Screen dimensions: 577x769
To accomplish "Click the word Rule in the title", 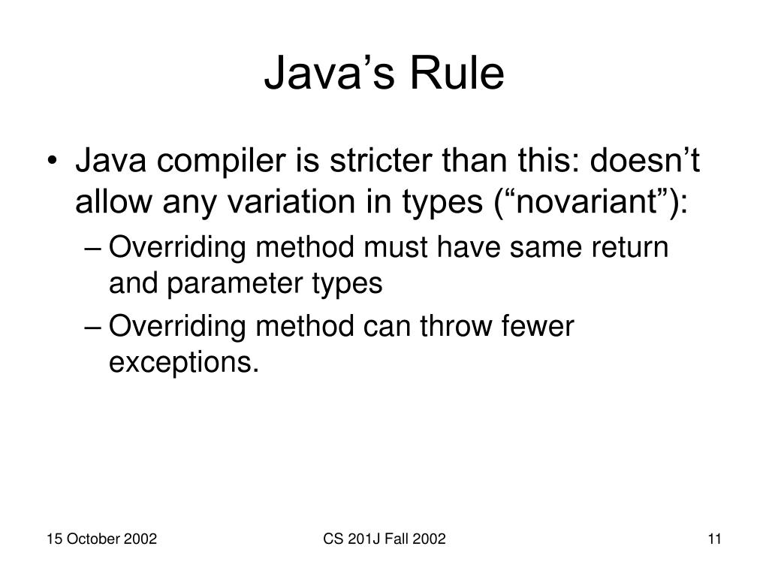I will click(x=458, y=75).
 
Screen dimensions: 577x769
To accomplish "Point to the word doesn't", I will click(x=644, y=162).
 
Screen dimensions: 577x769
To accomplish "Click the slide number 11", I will click(x=714, y=538).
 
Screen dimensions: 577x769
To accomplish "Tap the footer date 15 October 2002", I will click(x=101, y=538).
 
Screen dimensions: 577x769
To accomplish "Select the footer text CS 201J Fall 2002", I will click(x=385, y=538).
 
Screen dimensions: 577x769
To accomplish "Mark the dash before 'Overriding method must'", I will click(x=97, y=246).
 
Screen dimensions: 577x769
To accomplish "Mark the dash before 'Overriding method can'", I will click(x=97, y=326).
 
